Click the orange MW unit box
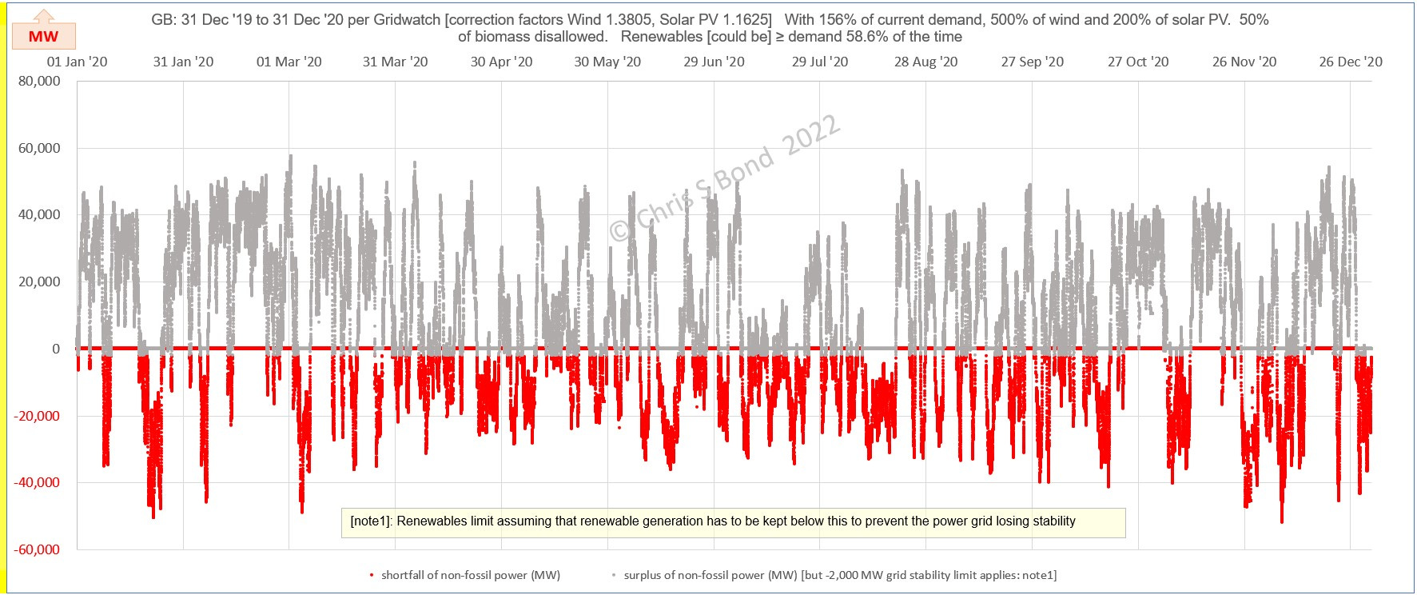(44, 36)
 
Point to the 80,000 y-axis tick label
(39, 81)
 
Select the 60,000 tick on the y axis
(39, 148)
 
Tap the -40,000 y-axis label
(37, 482)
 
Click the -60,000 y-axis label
(37, 549)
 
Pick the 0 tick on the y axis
(56, 349)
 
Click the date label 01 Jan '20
(77, 62)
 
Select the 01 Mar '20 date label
(289, 62)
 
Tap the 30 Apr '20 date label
(501, 62)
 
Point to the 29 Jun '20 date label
(714, 62)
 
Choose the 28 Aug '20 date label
(925, 62)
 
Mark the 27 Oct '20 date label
(1138, 62)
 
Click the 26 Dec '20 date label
(1351, 62)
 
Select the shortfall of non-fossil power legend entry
(470, 575)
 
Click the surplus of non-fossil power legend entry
(839, 575)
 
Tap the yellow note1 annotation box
(733, 522)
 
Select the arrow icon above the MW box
(44, 16)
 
